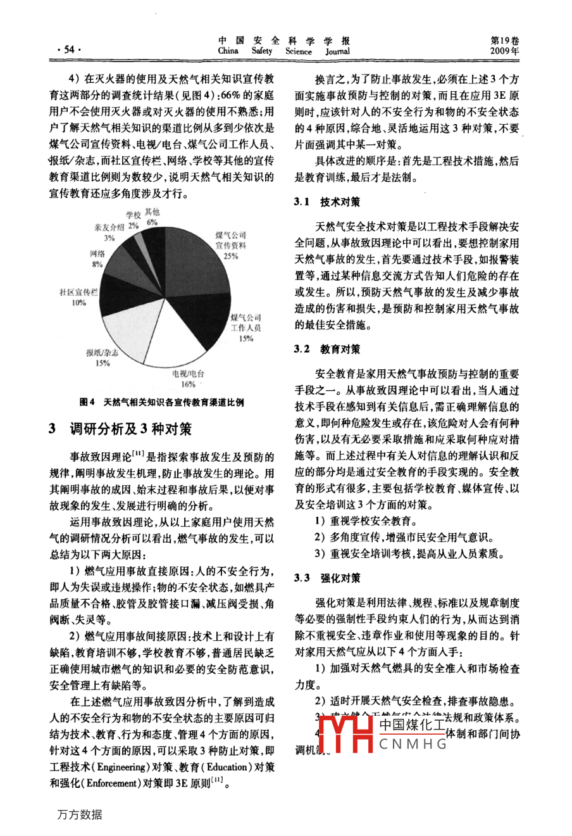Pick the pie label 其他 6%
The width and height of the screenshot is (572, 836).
click(152, 217)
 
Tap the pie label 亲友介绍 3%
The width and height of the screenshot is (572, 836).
click(109, 232)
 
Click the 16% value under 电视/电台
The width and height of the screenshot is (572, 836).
click(188, 384)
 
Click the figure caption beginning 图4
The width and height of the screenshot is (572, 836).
click(162, 402)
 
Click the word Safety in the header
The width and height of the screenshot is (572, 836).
click(261, 51)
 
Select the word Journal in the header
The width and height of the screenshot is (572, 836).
click(337, 51)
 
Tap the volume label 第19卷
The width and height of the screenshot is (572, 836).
click(504, 40)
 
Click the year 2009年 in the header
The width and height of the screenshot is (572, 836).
click(504, 51)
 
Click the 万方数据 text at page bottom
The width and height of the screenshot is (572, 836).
click(79, 814)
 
